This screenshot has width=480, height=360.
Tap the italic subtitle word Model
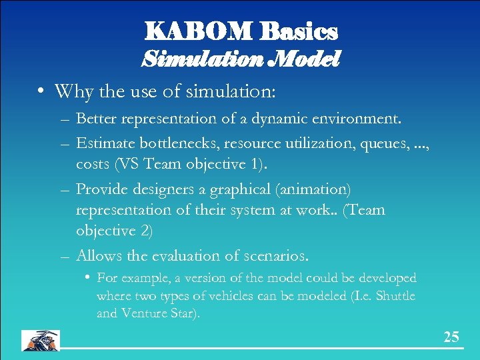pyautogui.click(x=306, y=59)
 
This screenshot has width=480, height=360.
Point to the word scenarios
pyautogui.click(x=275, y=255)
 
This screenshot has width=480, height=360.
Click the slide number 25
pyautogui.click(x=451, y=337)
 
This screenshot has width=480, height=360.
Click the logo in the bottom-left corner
pyautogui.click(x=41, y=340)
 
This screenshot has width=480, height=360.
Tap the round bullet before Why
pyautogui.click(x=41, y=91)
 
